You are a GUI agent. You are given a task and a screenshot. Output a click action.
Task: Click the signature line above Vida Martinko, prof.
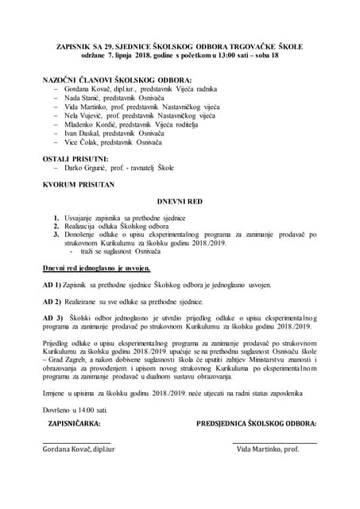274,443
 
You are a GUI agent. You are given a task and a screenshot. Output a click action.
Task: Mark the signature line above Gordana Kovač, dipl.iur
76,443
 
